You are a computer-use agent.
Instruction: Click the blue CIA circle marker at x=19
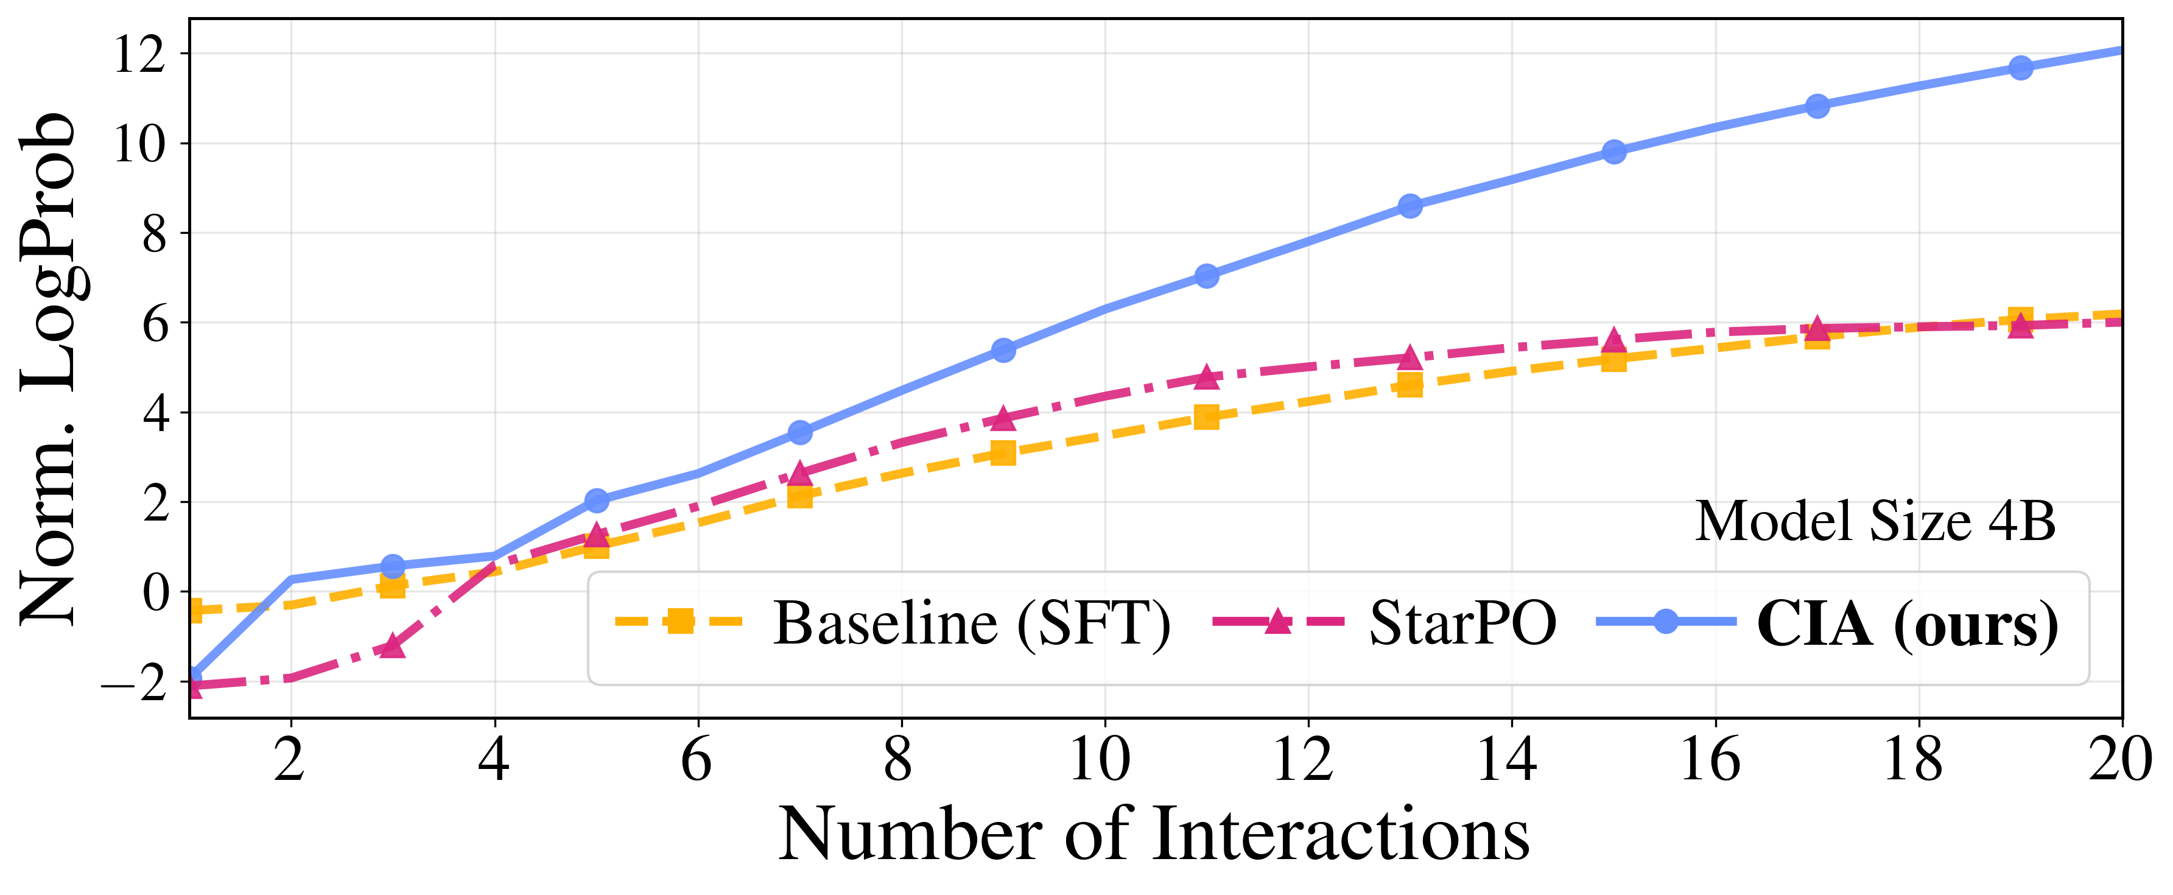[2020, 68]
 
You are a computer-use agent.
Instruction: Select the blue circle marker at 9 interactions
[1003, 350]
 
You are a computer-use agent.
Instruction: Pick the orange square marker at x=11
[1206, 416]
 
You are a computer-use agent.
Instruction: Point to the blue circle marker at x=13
[1409, 206]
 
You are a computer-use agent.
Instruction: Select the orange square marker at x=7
[799, 496]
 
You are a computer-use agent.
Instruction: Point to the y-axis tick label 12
[139, 55]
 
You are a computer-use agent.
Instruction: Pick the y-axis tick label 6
[155, 324]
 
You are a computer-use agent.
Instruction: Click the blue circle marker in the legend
[1665, 622]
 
